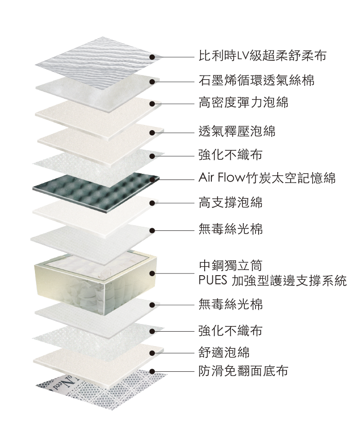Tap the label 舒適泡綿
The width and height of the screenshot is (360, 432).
tap(224, 352)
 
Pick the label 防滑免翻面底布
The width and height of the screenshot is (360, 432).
tap(243, 370)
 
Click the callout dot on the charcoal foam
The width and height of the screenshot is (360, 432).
tap(153, 178)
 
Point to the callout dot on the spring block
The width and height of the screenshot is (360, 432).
tap(153, 273)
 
